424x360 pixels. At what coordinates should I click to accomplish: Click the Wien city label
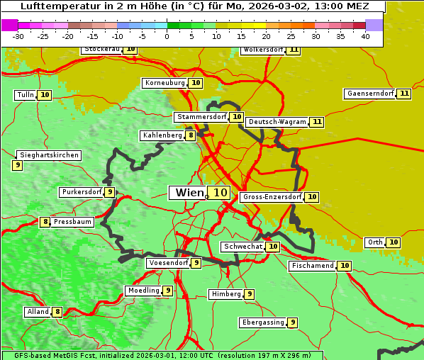[189, 193]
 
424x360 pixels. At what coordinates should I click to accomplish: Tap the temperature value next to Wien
[220, 193]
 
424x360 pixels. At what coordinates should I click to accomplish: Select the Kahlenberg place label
[162, 135]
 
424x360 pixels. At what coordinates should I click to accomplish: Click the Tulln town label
[26, 95]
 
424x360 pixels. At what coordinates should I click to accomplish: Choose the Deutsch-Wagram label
[277, 122]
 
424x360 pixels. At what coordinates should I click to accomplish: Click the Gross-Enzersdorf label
[272, 197]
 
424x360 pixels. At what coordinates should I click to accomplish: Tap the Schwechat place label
[242, 247]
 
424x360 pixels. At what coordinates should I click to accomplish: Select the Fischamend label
[312, 266]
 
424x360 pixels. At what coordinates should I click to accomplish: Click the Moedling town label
[143, 291]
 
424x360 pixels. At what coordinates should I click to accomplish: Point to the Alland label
[38, 312]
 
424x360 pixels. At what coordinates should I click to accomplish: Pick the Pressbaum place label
[72, 222]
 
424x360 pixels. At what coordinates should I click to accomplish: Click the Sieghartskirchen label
[49, 155]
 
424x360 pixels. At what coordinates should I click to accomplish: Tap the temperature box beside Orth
[394, 242]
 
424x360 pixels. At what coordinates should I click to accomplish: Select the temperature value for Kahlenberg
[191, 135]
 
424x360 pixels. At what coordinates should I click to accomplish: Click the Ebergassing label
[262, 322]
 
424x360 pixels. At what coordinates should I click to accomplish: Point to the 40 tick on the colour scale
[365, 36]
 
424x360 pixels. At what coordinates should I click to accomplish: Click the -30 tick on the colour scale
[18, 36]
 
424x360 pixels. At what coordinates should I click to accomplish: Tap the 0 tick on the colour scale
[167, 36]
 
